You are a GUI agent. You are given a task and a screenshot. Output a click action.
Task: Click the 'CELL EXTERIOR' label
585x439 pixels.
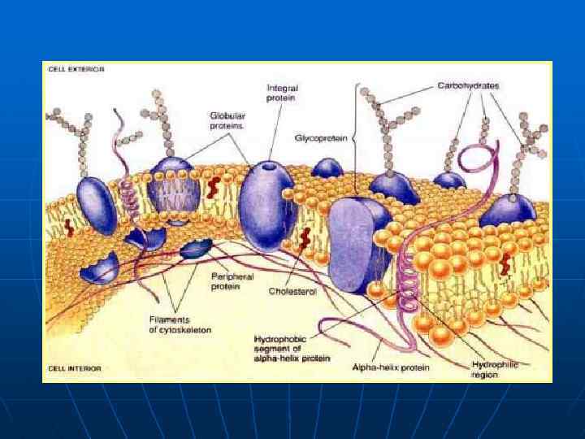coord(75,70)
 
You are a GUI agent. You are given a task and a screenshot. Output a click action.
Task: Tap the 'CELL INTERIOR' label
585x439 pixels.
coord(74,368)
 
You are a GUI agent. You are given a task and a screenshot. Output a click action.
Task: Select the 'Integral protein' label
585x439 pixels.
coord(280,93)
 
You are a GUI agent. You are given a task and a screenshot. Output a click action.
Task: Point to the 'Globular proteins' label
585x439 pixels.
coord(227,121)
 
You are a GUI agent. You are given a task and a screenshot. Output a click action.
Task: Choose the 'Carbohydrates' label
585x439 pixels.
coord(468,85)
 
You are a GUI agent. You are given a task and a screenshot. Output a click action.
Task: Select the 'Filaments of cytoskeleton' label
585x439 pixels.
coord(180,324)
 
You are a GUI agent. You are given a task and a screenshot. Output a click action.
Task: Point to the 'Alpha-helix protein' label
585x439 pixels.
coord(391,367)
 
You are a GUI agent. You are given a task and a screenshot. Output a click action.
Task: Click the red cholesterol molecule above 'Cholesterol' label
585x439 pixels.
coord(306,239)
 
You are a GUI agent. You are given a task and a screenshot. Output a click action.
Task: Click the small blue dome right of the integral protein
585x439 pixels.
coord(327,168)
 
